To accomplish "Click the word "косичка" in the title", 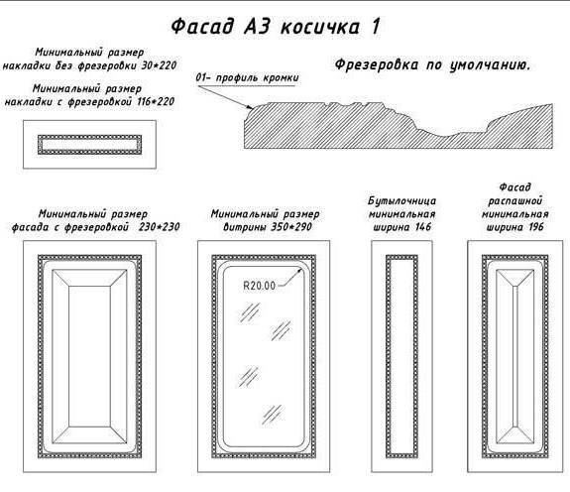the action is (x=320, y=27).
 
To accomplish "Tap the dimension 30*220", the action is (x=159, y=65).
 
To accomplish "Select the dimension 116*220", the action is (x=156, y=101).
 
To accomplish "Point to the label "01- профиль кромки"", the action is (x=247, y=77).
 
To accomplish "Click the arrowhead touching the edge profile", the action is (x=250, y=107).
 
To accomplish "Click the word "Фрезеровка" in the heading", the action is (x=377, y=64).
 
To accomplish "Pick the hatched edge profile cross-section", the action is (x=399, y=126).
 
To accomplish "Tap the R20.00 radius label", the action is (x=259, y=286).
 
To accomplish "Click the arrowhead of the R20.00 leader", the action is (x=299, y=270).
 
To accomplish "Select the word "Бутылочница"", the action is (x=402, y=200).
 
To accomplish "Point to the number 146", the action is (x=423, y=227).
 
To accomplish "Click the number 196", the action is (x=536, y=227).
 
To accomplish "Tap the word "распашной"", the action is (x=514, y=201).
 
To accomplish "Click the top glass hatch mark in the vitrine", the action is (x=250, y=312).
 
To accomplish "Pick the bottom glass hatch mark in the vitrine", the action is (x=273, y=415).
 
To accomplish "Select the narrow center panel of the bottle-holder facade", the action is (x=401, y=356).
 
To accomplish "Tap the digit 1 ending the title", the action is (x=376, y=27).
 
